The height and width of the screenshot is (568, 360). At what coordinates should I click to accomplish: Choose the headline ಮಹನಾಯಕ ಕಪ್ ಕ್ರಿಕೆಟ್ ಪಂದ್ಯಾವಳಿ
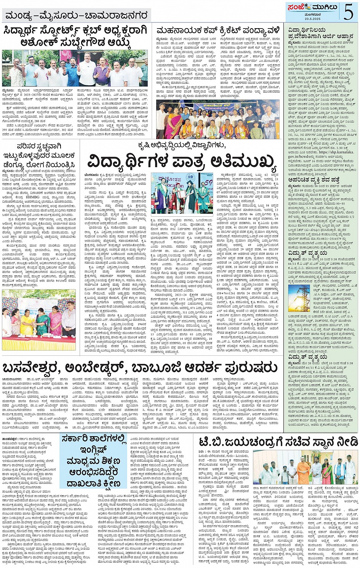point(219,30)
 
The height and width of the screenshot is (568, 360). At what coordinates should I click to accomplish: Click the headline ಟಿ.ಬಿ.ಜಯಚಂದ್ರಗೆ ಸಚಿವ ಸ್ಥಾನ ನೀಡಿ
point(278,442)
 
